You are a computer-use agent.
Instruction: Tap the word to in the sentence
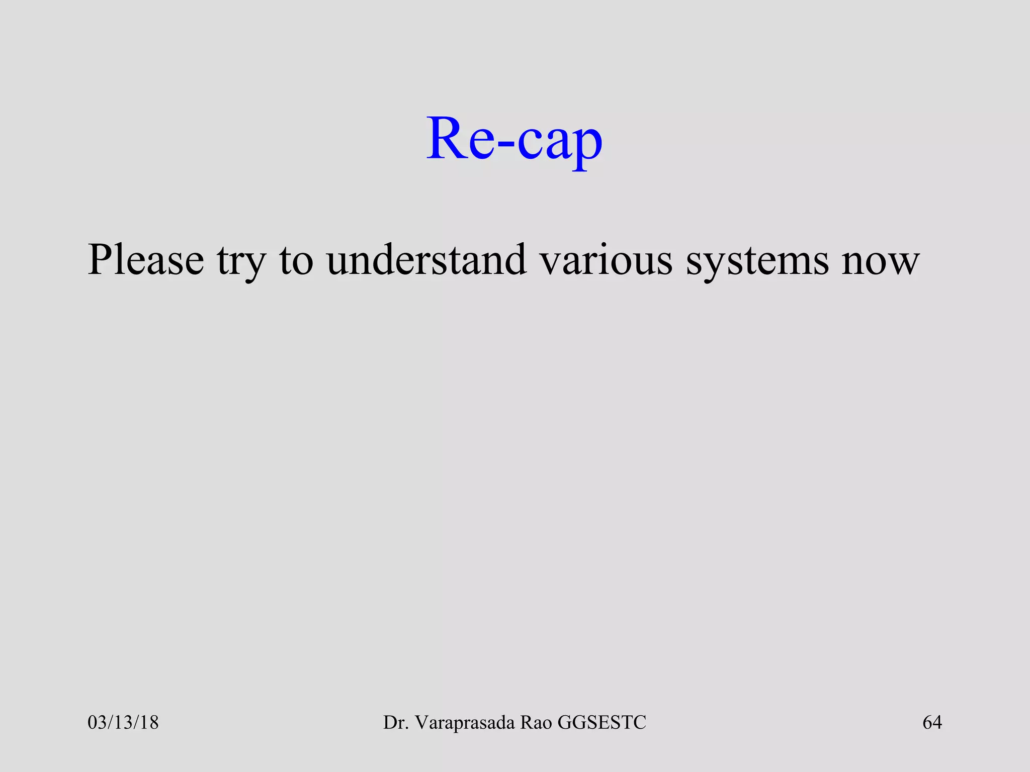[x=297, y=260]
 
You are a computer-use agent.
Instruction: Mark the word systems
[x=757, y=262]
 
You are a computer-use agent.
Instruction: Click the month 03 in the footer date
[x=97, y=722]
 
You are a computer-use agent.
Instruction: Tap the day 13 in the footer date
[x=123, y=722]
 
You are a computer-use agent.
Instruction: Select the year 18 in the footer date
[x=149, y=722]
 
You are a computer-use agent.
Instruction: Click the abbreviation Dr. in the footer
[x=394, y=722]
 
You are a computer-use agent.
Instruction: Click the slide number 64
[x=932, y=722]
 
